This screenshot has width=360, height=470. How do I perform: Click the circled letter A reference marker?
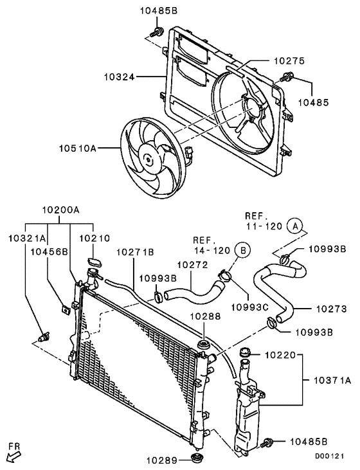tap(294, 226)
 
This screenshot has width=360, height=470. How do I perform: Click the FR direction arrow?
tap(14, 455)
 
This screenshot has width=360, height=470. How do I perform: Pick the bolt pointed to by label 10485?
tap(285, 80)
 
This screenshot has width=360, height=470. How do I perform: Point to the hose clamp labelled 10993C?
tap(224, 277)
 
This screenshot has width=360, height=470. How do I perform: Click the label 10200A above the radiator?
tap(61, 210)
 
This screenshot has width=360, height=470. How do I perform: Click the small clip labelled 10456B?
tap(66, 309)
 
